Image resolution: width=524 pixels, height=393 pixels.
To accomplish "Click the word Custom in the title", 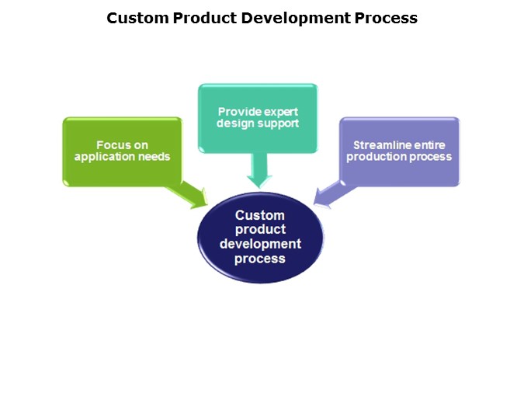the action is click(x=137, y=18).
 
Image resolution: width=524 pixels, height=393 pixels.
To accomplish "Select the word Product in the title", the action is click(x=205, y=18).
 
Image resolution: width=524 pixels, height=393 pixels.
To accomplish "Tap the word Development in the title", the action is click(x=296, y=19).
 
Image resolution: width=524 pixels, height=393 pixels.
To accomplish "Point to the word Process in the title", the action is click(x=386, y=18).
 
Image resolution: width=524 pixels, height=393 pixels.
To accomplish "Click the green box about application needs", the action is click(x=123, y=151).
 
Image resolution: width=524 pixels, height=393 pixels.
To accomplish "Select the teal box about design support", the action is click(x=258, y=118).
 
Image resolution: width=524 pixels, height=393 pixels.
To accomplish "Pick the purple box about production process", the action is click(x=400, y=151).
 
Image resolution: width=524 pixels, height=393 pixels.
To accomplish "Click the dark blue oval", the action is click(x=260, y=237).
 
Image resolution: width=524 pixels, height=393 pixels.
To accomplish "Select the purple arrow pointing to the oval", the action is click(x=334, y=195).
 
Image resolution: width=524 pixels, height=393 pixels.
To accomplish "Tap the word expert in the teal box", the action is click(x=281, y=112).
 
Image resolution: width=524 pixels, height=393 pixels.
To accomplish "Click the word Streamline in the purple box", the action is click(x=377, y=145).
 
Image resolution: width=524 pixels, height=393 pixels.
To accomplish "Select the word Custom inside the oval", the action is click(x=260, y=215).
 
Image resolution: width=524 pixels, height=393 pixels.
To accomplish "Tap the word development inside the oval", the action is click(x=260, y=244).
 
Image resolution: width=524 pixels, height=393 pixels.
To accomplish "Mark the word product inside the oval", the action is click(x=260, y=230).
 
